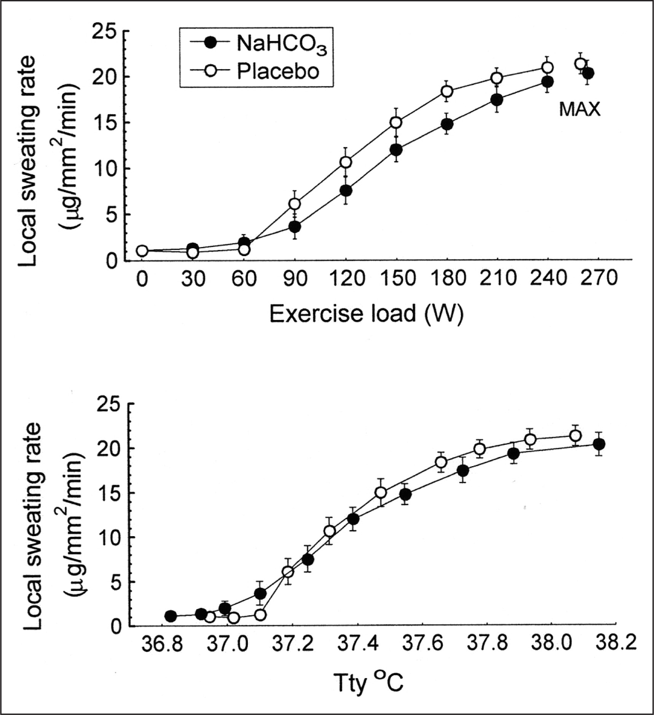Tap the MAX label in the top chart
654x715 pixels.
pyautogui.click(x=579, y=110)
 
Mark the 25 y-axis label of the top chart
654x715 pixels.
pyautogui.click(x=105, y=31)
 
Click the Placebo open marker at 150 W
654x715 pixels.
pyautogui.click(x=396, y=123)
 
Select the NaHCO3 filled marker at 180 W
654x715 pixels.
pyautogui.click(x=447, y=124)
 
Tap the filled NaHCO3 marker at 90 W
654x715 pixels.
pyautogui.click(x=295, y=227)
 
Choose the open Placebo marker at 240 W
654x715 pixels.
pyautogui.click(x=547, y=68)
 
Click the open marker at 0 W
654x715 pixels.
pyautogui.click(x=142, y=251)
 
